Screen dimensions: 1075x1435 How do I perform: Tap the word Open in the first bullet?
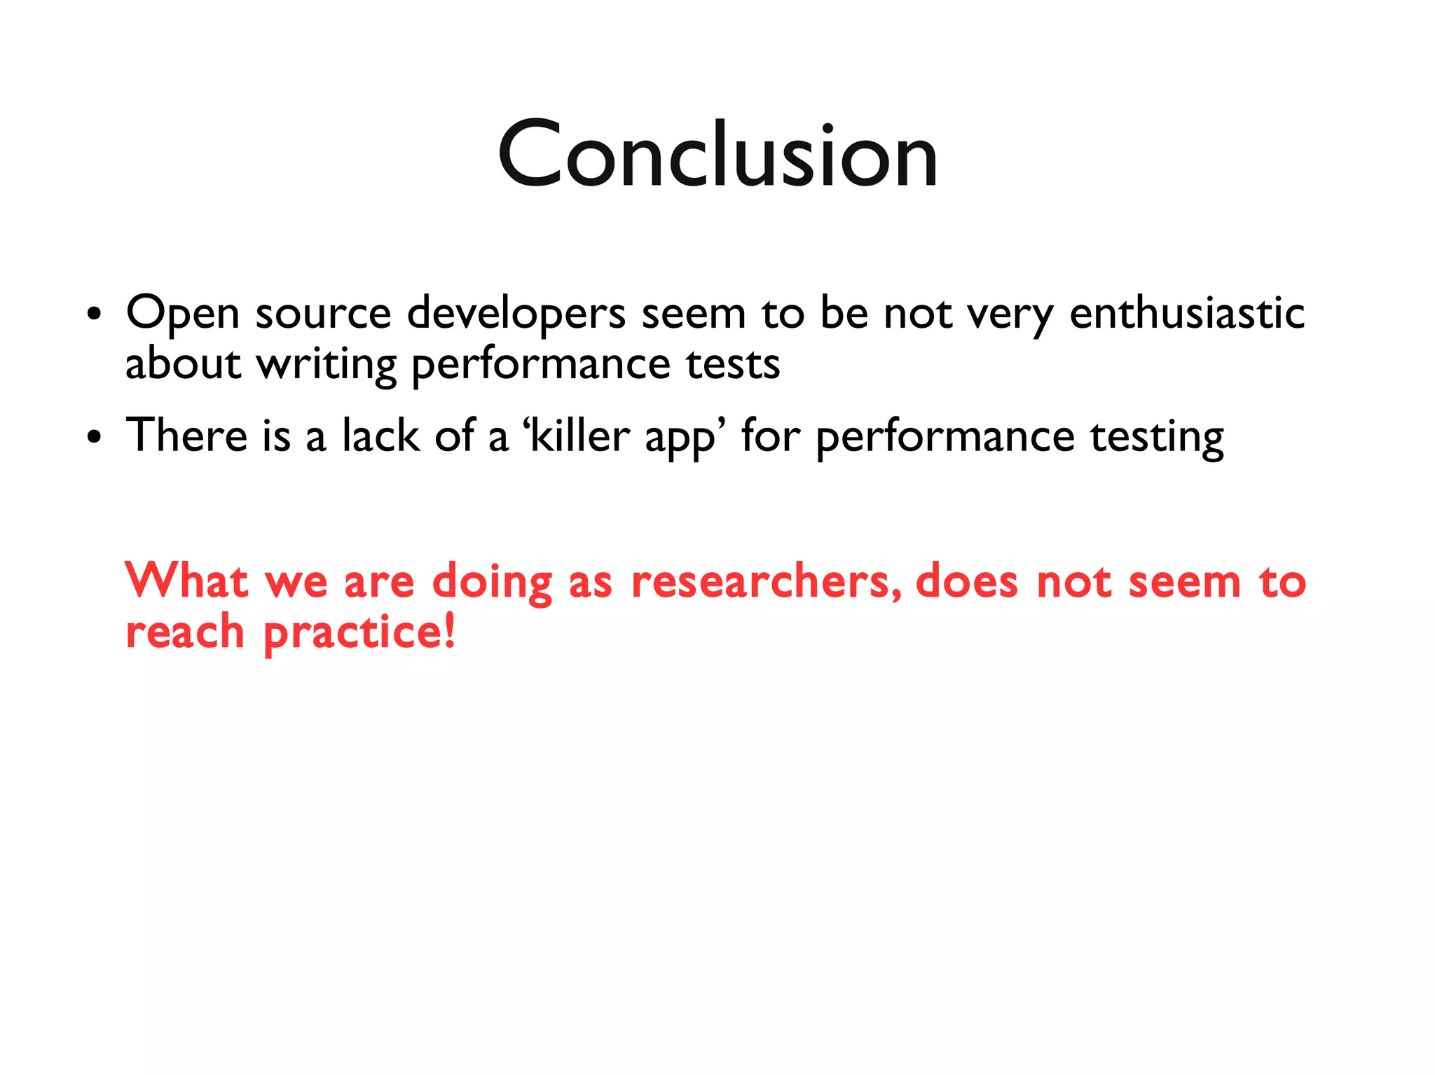183,313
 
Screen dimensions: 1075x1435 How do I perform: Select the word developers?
516,313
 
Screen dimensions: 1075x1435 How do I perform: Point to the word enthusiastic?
1187,313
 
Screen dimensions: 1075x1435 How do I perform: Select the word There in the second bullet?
186,436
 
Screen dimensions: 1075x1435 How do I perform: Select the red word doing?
492,583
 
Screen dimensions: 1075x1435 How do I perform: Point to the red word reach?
185,632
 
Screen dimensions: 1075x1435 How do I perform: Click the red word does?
966,582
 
